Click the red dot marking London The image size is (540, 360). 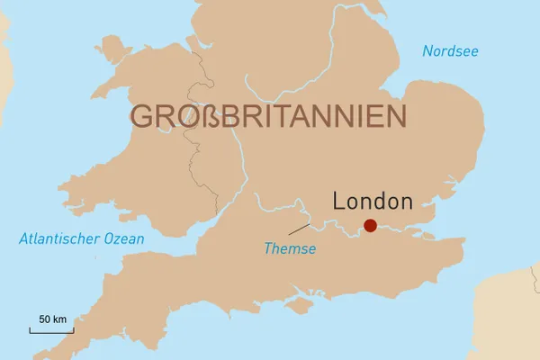[370, 225]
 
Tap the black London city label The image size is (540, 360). [372, 202]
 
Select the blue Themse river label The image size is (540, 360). [290, 248]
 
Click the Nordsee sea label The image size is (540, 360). [450, 51]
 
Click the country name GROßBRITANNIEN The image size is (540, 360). [267, 117]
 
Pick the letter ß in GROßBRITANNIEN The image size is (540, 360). [210, 117]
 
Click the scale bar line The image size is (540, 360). [51, 331]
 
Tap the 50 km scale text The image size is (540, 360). [52, 319]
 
